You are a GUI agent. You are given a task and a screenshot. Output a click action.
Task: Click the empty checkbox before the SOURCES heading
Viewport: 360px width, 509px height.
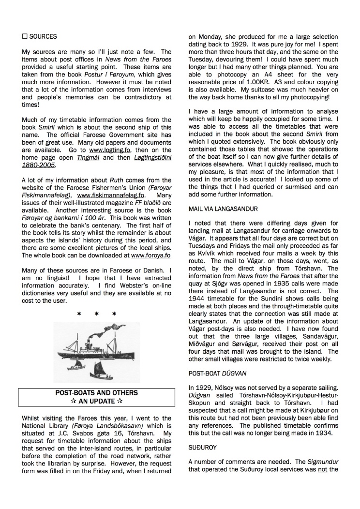click(x=25, y=36)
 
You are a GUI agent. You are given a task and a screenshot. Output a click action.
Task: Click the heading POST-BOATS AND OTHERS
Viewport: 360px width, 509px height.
click(x=96, y=393)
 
